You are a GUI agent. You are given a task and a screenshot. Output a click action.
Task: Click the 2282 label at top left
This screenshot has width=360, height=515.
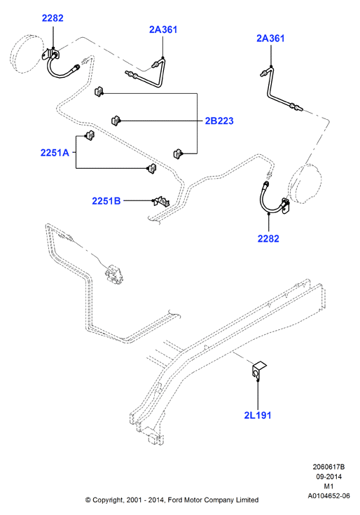[x=53, y=18]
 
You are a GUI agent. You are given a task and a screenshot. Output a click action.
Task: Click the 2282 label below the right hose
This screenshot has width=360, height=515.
[x=268, y=238]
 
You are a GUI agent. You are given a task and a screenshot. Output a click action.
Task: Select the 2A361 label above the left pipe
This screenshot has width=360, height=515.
[x=163, y=29]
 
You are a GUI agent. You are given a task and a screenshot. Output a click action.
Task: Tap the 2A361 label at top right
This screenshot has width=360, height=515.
[x=270, y=39]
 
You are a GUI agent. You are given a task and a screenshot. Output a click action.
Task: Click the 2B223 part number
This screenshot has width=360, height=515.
[x=219, y=121]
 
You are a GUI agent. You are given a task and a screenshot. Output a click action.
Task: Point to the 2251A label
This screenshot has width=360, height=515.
[x=55, y=153]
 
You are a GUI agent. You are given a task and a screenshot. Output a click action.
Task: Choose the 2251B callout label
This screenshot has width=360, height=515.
[x=106, y=200]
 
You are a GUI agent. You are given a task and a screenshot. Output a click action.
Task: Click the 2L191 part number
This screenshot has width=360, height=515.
[x=258, y=415]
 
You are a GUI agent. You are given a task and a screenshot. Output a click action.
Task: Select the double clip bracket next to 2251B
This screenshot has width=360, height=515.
[x=162, y=201]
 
